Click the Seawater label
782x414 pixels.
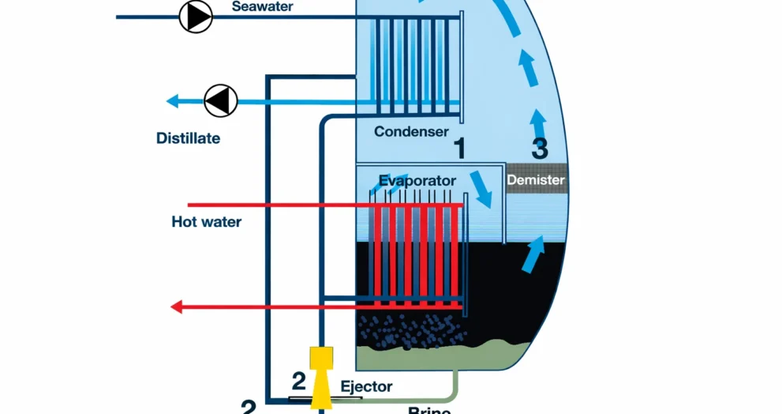click(262, 6)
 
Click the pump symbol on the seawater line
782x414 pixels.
click(196, 16)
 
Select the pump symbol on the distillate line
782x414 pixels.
click(221, 101)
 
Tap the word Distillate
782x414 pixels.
click(188, 138)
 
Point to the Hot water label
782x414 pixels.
click(207, 221)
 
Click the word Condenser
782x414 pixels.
click(411, 131)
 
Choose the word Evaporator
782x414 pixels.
click(417, 181)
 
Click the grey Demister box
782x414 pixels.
click(536, 180)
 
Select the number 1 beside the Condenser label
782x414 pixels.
click(459, 148)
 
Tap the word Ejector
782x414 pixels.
click(366, 387)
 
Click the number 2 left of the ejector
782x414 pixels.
click(298, 382)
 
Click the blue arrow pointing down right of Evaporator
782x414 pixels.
click(481, 187)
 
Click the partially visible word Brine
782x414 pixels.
click(429, 410)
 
